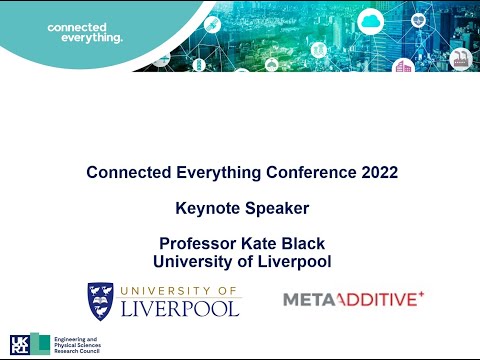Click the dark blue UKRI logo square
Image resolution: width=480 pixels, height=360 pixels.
(20, 345)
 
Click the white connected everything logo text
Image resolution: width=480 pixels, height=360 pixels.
(84, 31)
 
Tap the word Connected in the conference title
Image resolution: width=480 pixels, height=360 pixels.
(128, 172)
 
